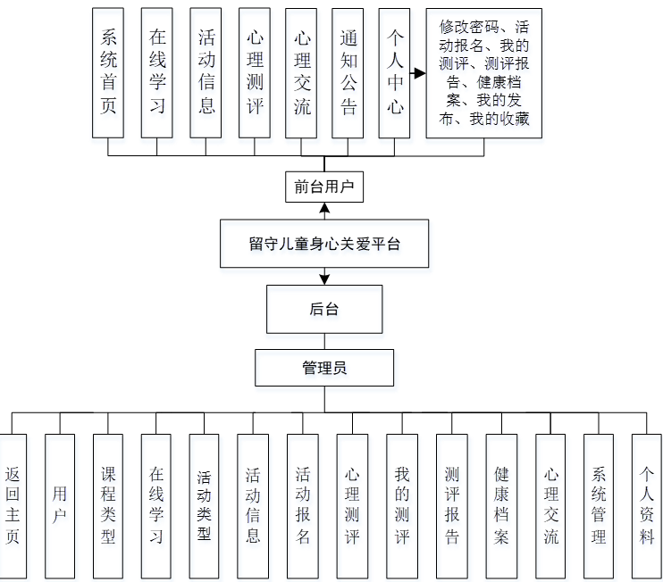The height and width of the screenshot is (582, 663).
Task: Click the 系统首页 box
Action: tap(108, 72)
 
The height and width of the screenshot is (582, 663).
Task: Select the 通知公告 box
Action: tap(348, 72)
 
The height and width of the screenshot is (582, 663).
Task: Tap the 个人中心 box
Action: tap(394, 72)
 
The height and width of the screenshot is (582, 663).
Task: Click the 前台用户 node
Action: tap(324, 187)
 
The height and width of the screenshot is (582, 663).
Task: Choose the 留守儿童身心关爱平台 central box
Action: tap(324, 243)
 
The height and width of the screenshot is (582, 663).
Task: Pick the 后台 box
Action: tap(324, 309)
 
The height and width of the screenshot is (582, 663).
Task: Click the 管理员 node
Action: tap(324, 367)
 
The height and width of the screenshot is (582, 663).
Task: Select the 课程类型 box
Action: tap(108, 505)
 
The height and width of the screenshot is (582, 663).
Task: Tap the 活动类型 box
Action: tap(205, 505)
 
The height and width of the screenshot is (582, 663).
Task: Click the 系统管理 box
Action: tap(599, 505)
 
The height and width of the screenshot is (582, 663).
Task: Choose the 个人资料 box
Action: tap(647, 505)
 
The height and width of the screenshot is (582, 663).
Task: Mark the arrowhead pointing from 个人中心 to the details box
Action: tap(419, 73)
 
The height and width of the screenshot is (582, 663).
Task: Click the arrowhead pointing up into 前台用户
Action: tap(324, 210)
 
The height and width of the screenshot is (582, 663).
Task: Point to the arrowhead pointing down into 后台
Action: tap(324, 279)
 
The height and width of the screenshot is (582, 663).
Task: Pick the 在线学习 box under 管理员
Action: tap(156, 505)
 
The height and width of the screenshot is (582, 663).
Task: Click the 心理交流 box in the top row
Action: tap(302, 72)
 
